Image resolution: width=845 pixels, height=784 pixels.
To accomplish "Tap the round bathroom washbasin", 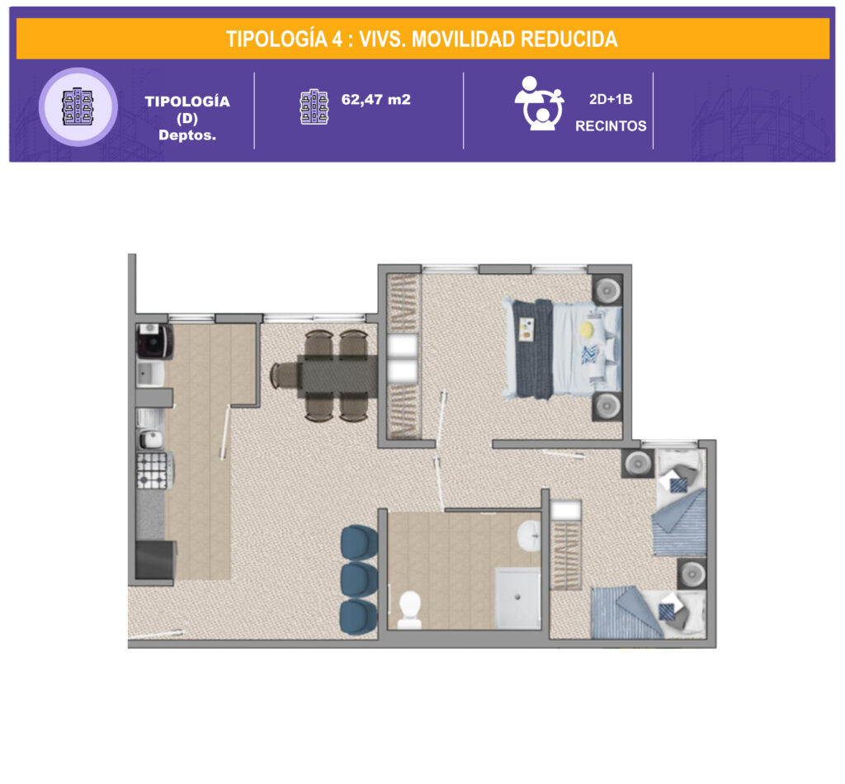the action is (529, 535).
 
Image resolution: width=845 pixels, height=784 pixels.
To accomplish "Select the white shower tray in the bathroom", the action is (517, 597).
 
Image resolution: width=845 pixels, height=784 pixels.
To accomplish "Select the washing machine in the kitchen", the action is (154, 341).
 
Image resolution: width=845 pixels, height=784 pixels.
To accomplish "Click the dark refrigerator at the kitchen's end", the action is (156, 560).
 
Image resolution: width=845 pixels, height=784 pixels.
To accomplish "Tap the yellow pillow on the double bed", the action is (587, 328).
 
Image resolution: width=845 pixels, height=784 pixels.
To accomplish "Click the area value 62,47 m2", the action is (376, 100).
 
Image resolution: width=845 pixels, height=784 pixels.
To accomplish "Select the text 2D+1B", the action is (611, 99).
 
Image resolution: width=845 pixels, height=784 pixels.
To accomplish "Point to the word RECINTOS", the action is (611, 126).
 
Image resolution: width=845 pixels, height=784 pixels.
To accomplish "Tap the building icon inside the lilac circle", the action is (78, 106).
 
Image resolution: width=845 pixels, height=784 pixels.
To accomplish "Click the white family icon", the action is (539, 103).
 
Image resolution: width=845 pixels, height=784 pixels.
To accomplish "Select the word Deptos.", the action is (187, 135).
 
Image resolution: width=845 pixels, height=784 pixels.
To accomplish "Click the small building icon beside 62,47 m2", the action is (314, 106).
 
